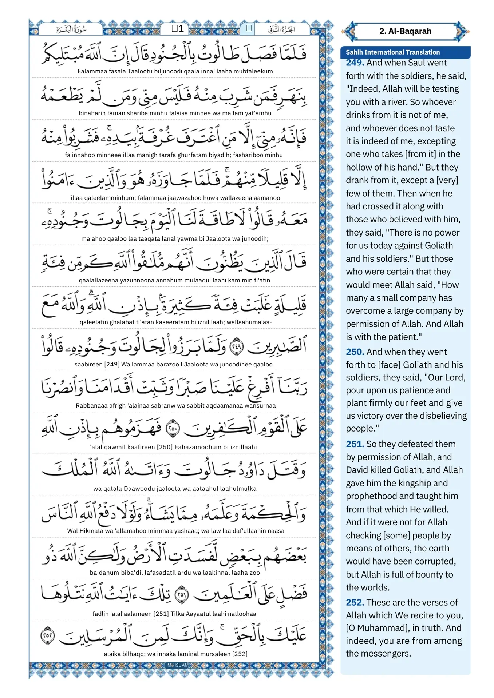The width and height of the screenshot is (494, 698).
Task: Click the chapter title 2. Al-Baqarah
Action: [x=405, y=31]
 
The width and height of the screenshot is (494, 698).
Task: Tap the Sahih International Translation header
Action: [x=392, y=52]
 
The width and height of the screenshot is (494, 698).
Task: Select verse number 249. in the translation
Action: [x=355, y=63]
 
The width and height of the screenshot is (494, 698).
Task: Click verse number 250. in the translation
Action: [x=355, y=352]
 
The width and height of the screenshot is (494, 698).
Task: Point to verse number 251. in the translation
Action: [x=355, y=444]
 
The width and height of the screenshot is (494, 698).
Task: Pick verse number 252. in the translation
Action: [x=355, y=602]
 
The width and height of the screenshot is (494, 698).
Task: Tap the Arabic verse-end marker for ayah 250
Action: [x=173, y=429]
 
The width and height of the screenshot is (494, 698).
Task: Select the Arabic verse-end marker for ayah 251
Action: [x=182, y=595]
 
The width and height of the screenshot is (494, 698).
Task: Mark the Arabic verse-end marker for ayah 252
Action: [x=48, y=636]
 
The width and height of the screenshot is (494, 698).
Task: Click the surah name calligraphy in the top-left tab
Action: [x=71, y=29]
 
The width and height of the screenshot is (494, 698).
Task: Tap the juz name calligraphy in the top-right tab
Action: [x=281, y=29]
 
